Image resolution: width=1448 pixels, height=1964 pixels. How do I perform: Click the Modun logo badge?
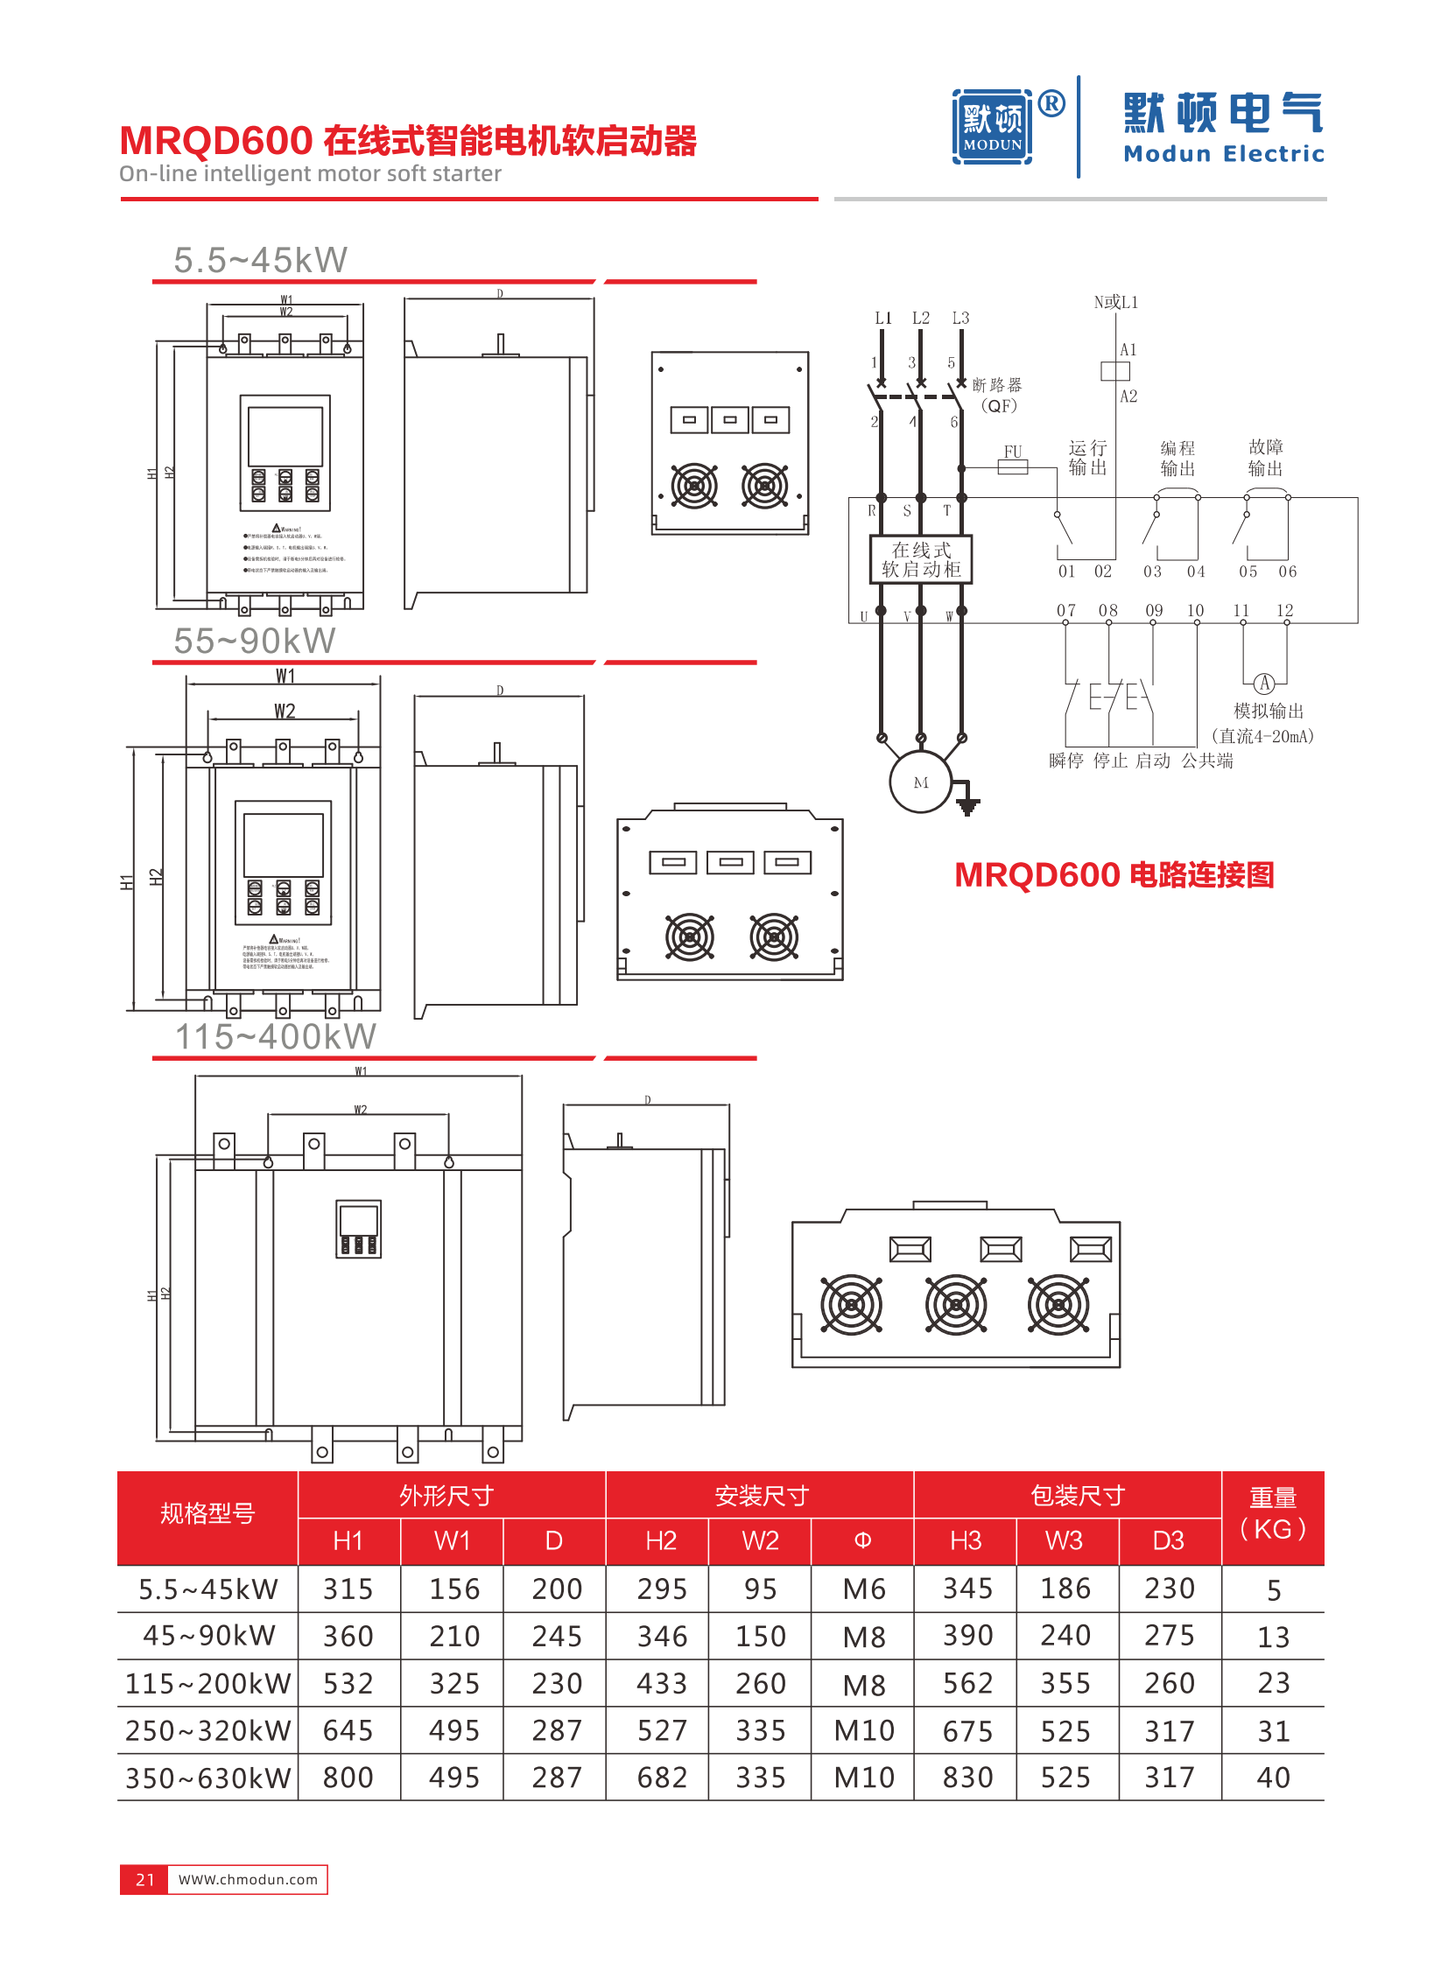click(x=991, y=127)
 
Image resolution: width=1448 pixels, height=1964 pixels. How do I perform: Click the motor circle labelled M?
click(x=920, y=782)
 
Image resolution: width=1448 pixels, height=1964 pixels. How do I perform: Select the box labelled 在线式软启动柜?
click(x=920, y=559)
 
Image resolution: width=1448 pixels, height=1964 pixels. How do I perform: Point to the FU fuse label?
click(x=1012, y=452)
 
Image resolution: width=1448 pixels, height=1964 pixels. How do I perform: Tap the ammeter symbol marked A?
click(x=1263, y=684)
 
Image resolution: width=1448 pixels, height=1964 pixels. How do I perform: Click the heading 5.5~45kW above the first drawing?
click(x=260, y=260)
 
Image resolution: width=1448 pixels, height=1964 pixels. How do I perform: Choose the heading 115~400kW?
click(x=275, y=1037)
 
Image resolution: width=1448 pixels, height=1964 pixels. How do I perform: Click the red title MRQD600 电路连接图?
click(x=1114, y=874)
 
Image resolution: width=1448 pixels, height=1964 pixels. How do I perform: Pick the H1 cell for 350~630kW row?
click(x=348, y=1778)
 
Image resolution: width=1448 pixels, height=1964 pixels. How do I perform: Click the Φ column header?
click(x=862, y=1540)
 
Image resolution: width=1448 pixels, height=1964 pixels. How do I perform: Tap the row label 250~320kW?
click(x=207, y=1730)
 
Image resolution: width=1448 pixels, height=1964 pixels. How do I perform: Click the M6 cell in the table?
click(x=863, y=1589)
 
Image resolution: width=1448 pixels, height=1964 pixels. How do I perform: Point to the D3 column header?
click(x=1169, y=1540)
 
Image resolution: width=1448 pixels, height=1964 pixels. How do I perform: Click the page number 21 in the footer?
click(x=144, y=1879)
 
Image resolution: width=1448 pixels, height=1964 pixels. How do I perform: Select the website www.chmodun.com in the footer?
click(x=248, y=1879)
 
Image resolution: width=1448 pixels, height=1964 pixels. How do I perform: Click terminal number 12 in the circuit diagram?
click(x=1284, y=610)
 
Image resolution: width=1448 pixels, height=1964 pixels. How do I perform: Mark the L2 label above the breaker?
click(x=920, y=318)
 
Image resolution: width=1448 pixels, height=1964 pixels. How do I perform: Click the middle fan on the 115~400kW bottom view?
click(x=955, y=1304)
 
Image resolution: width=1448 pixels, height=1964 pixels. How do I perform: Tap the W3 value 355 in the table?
click(x=1065, y=1684)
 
